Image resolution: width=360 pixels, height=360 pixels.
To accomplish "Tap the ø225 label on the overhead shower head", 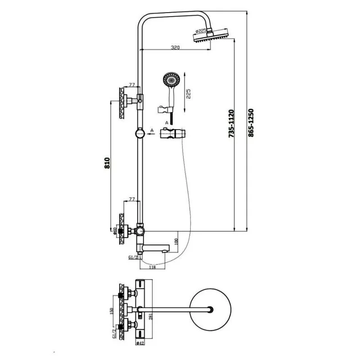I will [201, 31].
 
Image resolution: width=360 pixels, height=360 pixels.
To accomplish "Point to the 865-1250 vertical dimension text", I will [251, 123].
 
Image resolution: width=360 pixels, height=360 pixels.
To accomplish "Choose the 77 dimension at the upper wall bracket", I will [132, 85].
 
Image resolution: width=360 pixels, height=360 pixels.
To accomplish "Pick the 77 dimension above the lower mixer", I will [132, 198].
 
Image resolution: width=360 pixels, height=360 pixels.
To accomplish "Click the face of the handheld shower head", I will [171, 81].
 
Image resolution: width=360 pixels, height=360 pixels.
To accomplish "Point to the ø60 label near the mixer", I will [115, 231].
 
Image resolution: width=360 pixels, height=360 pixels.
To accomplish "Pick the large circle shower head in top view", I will [210, 310].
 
